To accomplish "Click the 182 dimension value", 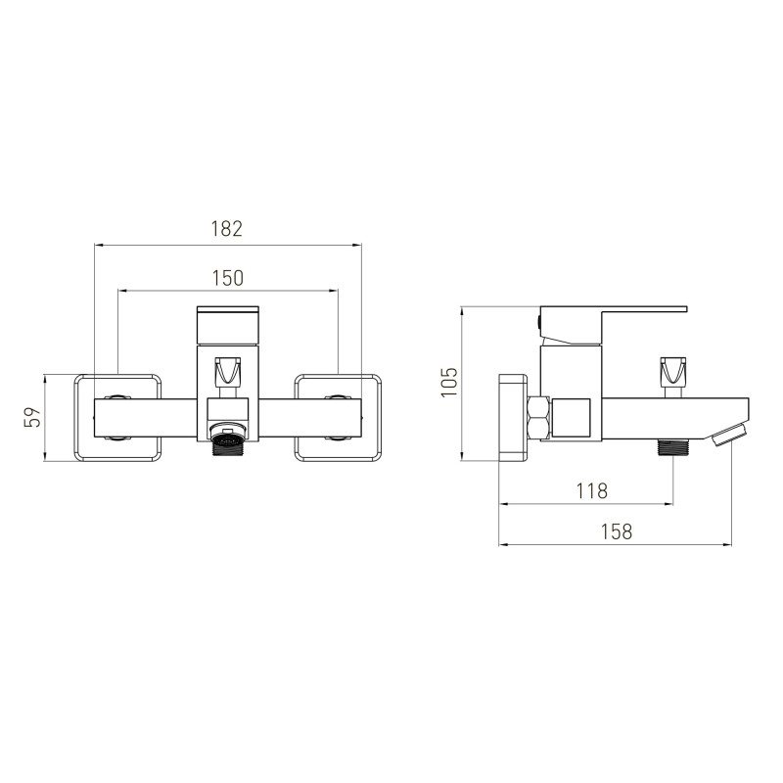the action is click(x=227, y=228).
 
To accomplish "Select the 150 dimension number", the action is click(x=228, y=278).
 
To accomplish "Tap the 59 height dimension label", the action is click(x=32, y=417).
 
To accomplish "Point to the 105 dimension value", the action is click(x=449, y=382).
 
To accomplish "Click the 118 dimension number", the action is click(x=592, y=491).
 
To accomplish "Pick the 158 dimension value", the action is click(x=617, y=531).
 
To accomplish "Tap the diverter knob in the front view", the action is click(x=227, y=371).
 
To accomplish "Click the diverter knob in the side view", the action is click(x=673, y=371).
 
